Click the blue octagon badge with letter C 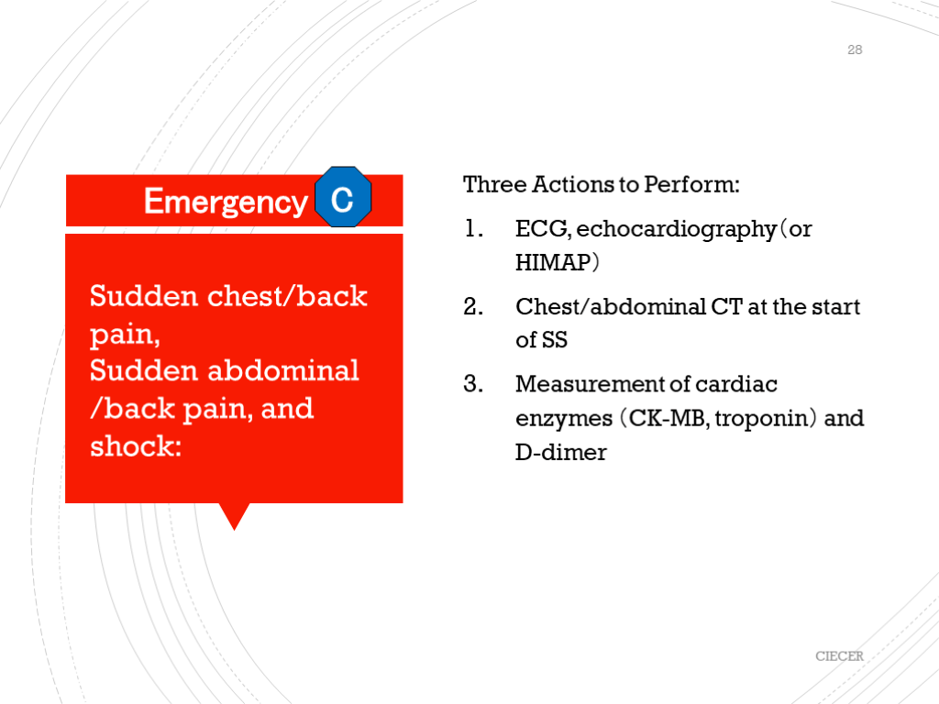click(x=343, y=197)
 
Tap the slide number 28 click(x=855, y=49)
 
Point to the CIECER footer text click(x=839, y=656)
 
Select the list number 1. click(x=473, y=228)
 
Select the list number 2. click(x=473, y=306)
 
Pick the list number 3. click(x=473, y=384)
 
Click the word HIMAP click(x=553, y=263)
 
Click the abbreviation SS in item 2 click(x=555, y=340)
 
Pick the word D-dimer click(x=561, y=452)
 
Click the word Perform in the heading click(x=691, y=184)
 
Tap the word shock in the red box click(x=136, y=446)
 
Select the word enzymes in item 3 click(x=564, y=419)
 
